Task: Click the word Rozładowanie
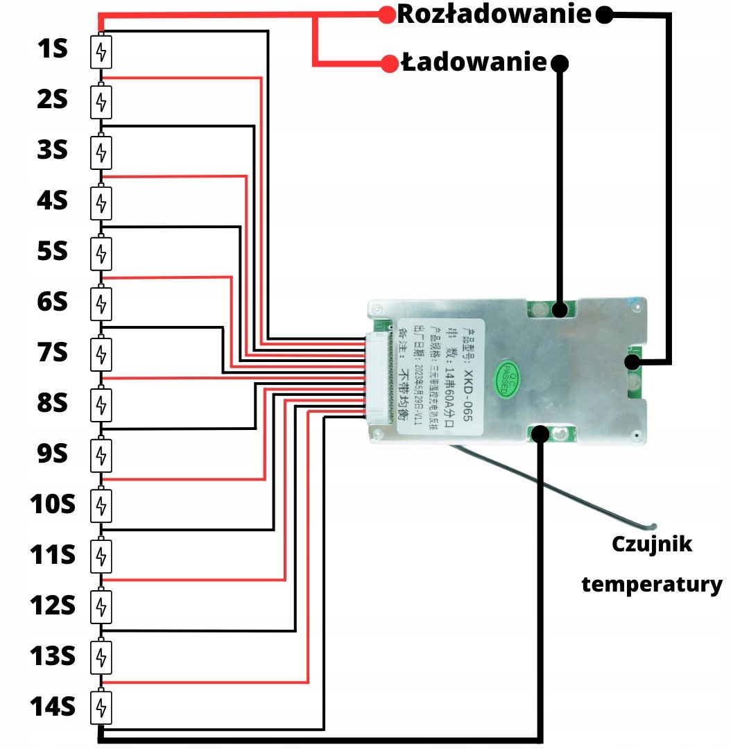pos(494,15)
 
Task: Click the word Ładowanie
pos(474,63)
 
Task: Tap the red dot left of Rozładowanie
pos(386,15)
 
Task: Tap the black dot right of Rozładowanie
pos(605,15)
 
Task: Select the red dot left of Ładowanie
pos(389,64)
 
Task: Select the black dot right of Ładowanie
pos(560,64)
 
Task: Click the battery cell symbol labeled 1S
pos(101,53)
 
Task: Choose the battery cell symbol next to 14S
pos(101,708)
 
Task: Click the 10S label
pos(52,504)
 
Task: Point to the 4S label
pos(52,201)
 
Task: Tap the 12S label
pos(52,605)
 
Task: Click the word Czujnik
pos(652,544)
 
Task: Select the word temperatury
pos(652,584)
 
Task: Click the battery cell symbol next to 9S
pos(101,455)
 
